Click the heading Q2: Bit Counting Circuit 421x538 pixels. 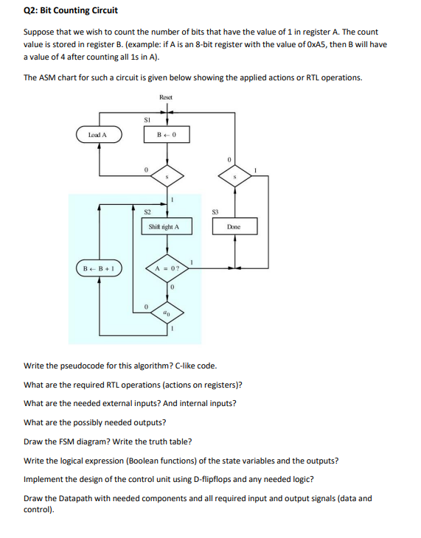click(71, 10)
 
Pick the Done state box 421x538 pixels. click(234, 227)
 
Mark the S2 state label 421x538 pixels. click(147, 211)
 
